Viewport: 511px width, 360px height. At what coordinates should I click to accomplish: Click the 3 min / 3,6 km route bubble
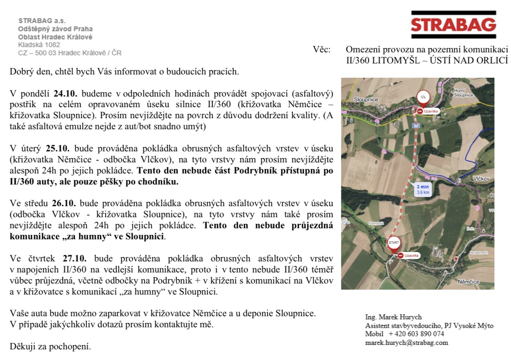423,189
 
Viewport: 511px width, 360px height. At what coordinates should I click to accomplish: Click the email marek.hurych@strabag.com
406,343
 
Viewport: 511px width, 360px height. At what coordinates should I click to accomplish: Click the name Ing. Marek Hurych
393,317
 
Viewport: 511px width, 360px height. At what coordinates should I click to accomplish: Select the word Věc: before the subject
322,49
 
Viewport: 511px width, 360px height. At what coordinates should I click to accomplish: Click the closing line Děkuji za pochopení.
50,346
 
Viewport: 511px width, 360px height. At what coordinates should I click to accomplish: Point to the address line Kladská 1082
39,45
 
